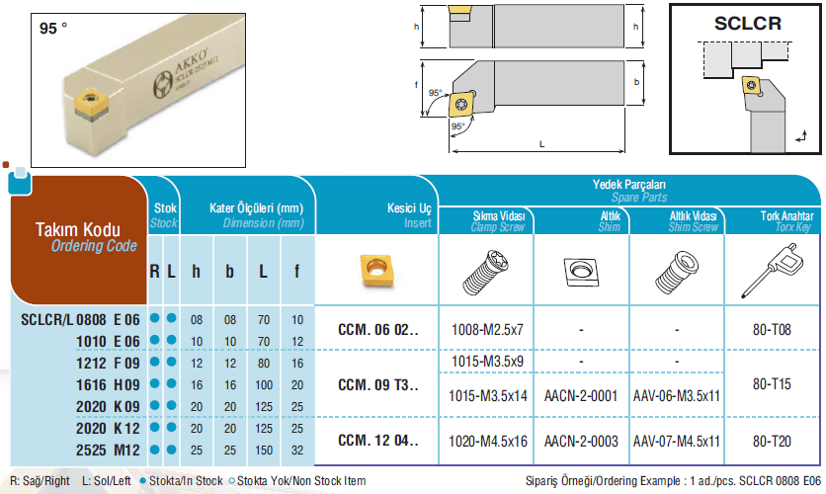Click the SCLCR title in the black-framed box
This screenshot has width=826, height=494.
[x=748, y=23]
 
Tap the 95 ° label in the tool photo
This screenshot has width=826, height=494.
[x=53, y=28]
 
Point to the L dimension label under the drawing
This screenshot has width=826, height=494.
[x=541, y=144]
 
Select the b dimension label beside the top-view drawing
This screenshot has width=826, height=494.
[x=636, y=82]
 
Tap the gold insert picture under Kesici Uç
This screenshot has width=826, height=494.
[x=377, y=271]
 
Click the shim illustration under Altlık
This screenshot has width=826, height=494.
[x=582, y=272]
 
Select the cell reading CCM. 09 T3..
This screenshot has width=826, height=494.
[x=377, y=385]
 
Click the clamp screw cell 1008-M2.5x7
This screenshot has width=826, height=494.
[x=487, y=330]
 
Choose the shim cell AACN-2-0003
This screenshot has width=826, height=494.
[x=581, y=441]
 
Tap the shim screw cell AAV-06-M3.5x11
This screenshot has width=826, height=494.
[x=677, y=395]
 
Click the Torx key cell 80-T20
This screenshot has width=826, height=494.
[x=772, y=441]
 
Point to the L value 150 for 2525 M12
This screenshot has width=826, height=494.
[x=264, y=451]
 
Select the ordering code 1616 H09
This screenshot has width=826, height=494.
[x=108, y=385]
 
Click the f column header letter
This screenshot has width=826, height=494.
[x=297, y=272]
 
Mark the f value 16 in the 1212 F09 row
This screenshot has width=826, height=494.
[x=297, y=363]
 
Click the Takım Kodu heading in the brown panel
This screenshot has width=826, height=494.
[x=78, y=229]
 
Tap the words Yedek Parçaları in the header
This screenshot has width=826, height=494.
[x=629, y=185]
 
